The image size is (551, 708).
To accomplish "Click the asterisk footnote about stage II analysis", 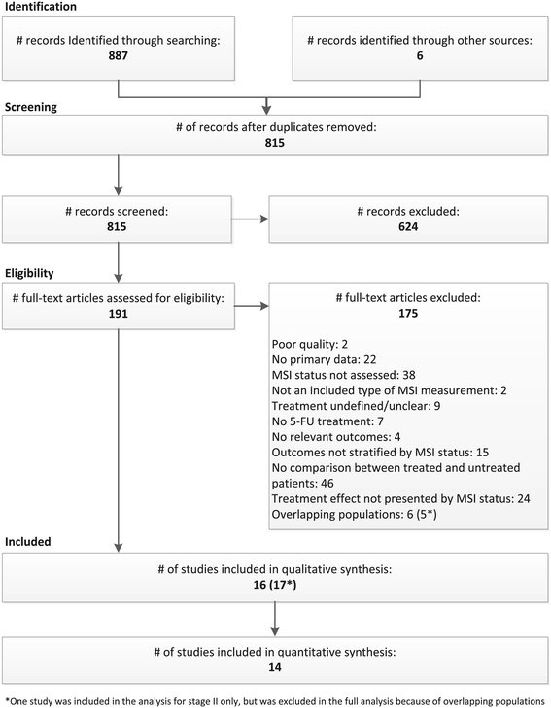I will pyautogui.click(x=275, y=697).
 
